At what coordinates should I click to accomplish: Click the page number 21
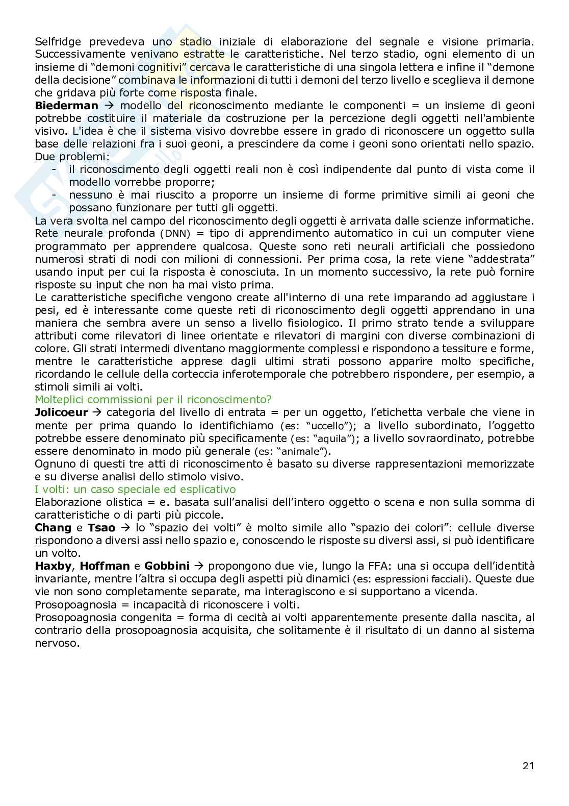coord(528,766)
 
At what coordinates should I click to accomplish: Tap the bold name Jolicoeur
coord(61,412)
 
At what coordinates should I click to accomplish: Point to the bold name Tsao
coord(101,528)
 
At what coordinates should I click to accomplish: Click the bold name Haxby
coord(52,566)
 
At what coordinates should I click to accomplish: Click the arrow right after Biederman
coord(106,106)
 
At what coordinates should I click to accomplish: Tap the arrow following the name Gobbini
coord(199,566)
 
